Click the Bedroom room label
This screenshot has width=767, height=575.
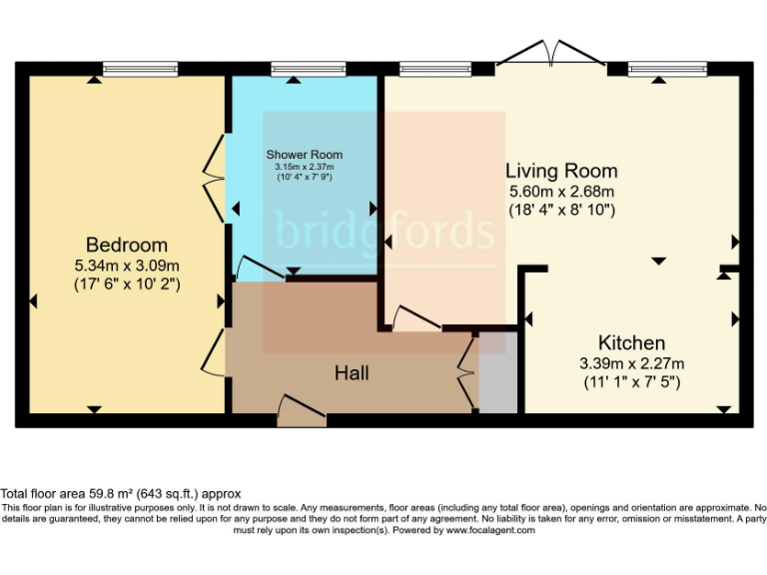(x=126, y=245)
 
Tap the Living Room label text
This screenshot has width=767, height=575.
(x=560, y=171)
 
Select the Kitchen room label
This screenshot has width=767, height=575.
(x=631, y=341)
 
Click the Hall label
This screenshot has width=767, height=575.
(x=352, y=372)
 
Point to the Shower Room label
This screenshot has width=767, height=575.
(x=304, y=155)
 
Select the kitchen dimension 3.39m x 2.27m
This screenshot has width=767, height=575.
(x=631, y=362)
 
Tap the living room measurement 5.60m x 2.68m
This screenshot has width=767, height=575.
(x=560, y=191)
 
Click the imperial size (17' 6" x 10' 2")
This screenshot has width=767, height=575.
(x=126, y=284)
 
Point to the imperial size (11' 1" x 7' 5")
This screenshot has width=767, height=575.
(x=631, y=381)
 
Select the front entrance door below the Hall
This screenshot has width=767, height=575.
(x=301, y=410)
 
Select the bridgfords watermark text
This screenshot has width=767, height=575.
(x=384, y=233)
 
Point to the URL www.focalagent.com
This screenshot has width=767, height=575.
(x=490, y=530)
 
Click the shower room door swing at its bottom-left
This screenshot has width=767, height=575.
(x=257, y=270)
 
